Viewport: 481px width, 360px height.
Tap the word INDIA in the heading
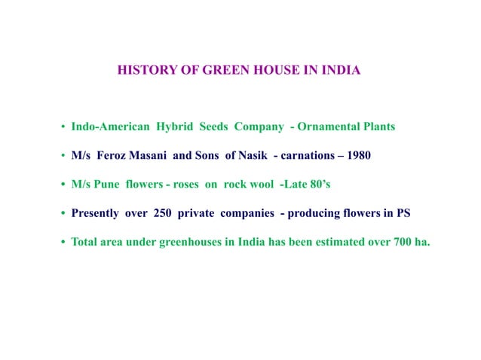click(x=341, y=72)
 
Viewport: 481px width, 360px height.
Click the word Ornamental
click(x=325, y=127)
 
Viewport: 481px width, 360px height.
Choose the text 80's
click(x=319, y=185)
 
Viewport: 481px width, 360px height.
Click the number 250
click(x=164, y=213)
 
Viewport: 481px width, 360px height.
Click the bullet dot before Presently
click(x=63, y=214)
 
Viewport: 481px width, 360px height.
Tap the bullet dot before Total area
click(x=63, y=243)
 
